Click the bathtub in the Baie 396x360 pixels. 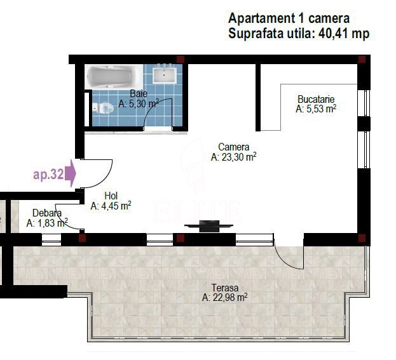[x=113, y=76]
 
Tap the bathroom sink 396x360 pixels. [x=164, y=74]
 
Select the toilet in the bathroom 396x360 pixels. [x=102, y=108]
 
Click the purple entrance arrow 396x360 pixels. [x=71, y=173]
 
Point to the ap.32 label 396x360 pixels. [x=48, y=174]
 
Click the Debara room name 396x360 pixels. [x=47, y=213]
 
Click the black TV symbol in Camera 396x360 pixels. [x=209, y=226]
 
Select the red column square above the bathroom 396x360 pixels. [x=181, y=60]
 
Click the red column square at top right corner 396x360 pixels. [x=362, y=60]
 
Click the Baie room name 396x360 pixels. [x=139, y=94]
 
